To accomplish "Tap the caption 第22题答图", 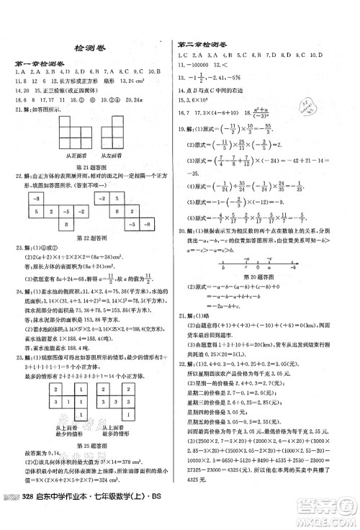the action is [91, 241].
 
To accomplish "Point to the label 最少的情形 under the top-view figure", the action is [67, 436].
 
